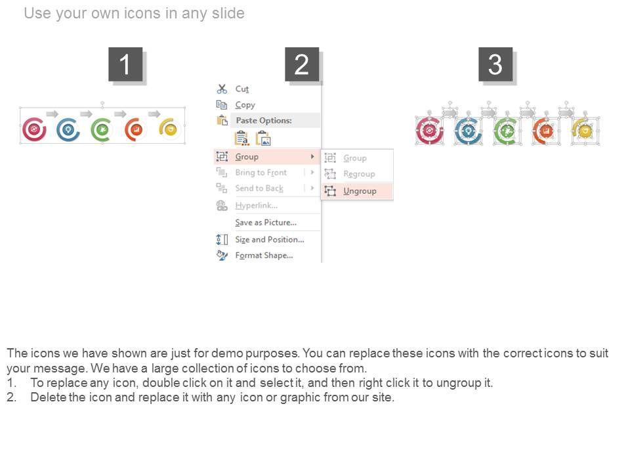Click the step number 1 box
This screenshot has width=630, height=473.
(125, 64)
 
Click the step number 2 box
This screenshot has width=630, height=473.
(302, 64)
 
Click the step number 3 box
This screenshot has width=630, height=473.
(495, 64)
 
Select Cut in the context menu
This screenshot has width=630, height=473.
(242, 89)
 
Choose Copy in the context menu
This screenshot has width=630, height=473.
(245, 105)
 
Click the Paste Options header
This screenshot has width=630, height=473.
(264, 120)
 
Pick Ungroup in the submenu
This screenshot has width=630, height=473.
(360, 191)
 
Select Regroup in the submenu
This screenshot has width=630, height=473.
(359, 173)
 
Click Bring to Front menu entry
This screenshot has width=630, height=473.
(261, 173)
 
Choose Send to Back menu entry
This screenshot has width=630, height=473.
(259, 189)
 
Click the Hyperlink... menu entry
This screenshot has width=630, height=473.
(257, 206)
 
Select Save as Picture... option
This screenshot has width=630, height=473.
(266, 223)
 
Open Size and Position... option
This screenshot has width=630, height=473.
(270, 240)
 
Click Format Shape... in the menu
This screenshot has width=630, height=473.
(264, 256)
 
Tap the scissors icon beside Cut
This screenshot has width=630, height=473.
(222, 89)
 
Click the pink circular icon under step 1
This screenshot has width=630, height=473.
(34, 129)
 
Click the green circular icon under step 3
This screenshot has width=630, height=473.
(506, 131)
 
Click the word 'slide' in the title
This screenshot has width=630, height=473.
(228, 13)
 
